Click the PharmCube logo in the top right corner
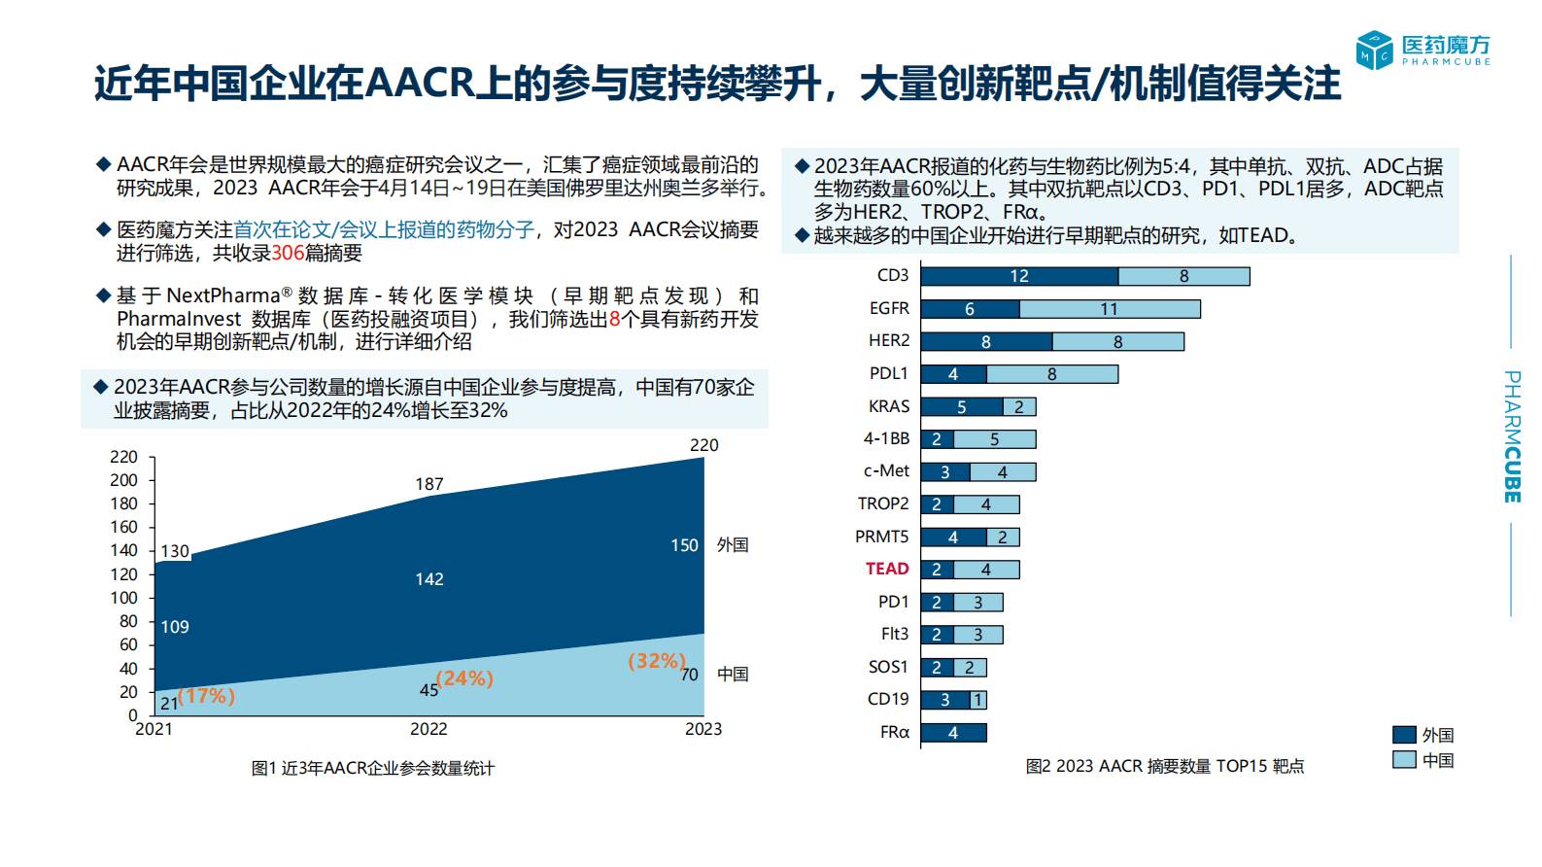(x=1422, y=51)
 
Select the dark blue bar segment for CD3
(x=1019, y=276)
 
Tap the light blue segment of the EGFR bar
(x=1110, y=309)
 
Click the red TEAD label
(x=887, y=569)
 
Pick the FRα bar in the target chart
(x=953, y=733)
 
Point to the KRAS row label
(x=889, y=406)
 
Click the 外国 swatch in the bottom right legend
(x=1404, y=735)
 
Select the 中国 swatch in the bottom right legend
(x=1404, y=760)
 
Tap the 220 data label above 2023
(x=703, y=445)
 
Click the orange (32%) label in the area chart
(x=657, y=661)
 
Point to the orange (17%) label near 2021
(x=206, y=696)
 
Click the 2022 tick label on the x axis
(x=428, y=729)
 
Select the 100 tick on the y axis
(x=124, y=598)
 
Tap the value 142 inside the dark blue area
(x=428, y=579)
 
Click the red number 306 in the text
(x=288, y=253)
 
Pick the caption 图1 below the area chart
(x=372, y=768)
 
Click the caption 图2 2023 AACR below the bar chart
(x=1164, y=766)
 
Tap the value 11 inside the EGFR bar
(x=1110, y=309)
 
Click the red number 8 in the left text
(x=614, y=319)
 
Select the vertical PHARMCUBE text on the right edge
(x=1512, y=436)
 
